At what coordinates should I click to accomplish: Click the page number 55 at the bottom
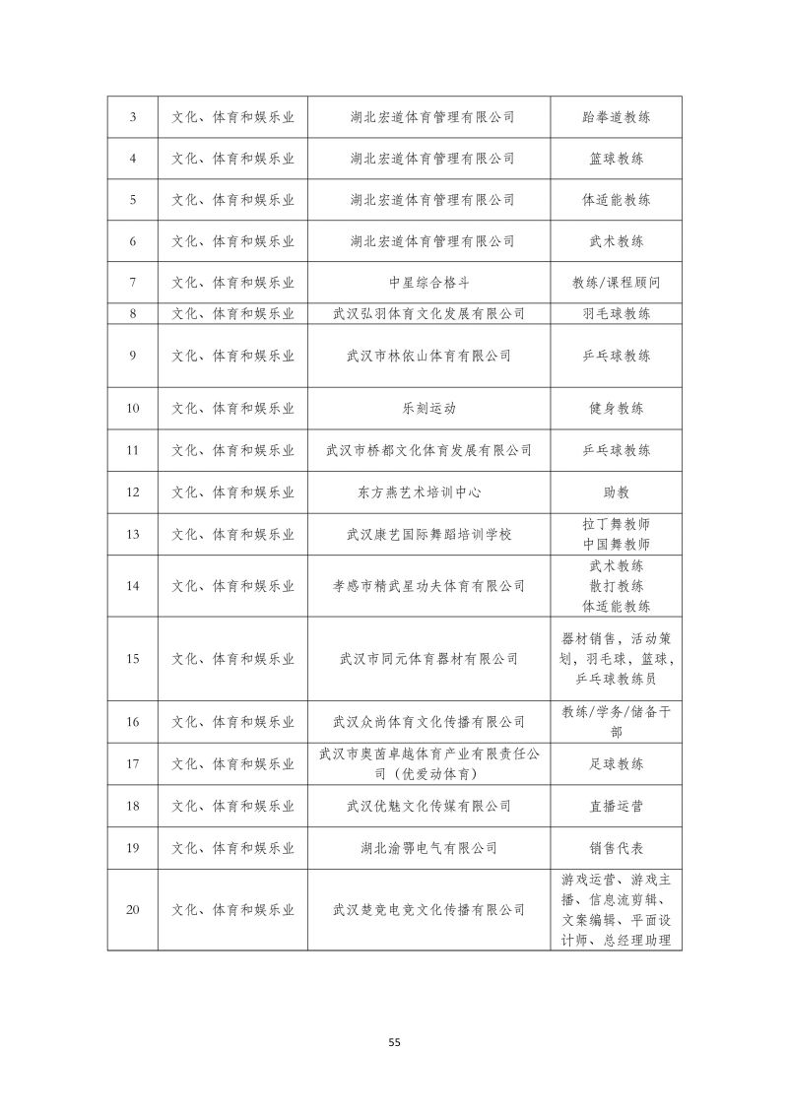point(394,1041)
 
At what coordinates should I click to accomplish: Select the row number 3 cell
point(132,117)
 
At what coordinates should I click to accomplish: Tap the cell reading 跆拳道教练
point(616,117)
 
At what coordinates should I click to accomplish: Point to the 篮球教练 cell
point(616,159)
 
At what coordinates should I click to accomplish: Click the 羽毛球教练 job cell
point(616,314)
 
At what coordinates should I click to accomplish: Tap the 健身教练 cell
point(616,408)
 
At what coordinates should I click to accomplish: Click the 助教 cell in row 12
point(616,491)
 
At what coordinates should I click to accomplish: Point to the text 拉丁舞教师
point(616,524)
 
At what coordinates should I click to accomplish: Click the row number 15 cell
point(132,659)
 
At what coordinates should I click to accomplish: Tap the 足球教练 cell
point(616,764)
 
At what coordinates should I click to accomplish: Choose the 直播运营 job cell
point(616,806)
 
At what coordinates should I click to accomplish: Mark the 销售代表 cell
point(616,847)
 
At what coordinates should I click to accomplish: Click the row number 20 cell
point(132,909)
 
